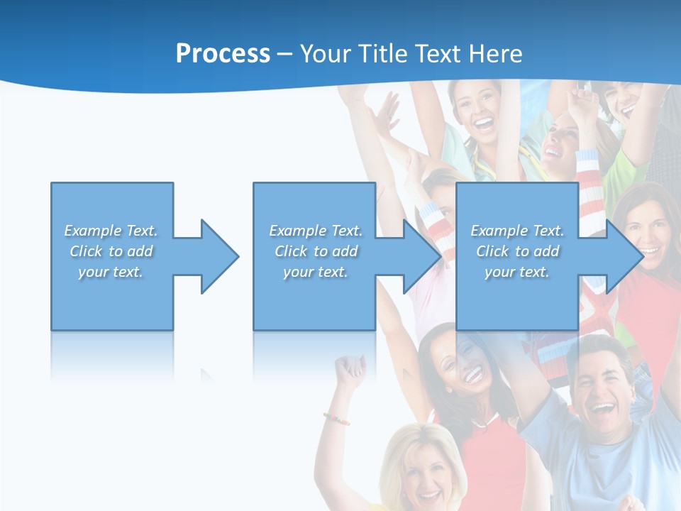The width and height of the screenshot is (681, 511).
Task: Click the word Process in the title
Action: click(x=223, y=54)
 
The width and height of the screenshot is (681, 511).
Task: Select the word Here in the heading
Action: click(x=496, y=54)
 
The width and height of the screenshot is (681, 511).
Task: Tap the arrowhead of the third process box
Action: click(x=624, y=256)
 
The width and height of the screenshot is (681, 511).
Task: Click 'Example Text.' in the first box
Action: click(x=111, y=231)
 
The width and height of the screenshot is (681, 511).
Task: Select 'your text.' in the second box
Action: click(x=315, y=272)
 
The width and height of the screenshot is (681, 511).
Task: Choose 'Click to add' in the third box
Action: click(x=517, y=251)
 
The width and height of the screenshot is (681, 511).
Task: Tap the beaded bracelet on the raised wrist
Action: click(x=337, y=418)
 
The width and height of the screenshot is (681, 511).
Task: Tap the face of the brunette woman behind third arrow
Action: click(x=648, y=231)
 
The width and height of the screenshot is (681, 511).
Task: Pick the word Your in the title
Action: click(x=323, y=54)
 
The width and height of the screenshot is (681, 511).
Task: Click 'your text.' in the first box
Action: click(x=111, y=272)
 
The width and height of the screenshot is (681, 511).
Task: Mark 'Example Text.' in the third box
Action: click(x=517, y=231)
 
